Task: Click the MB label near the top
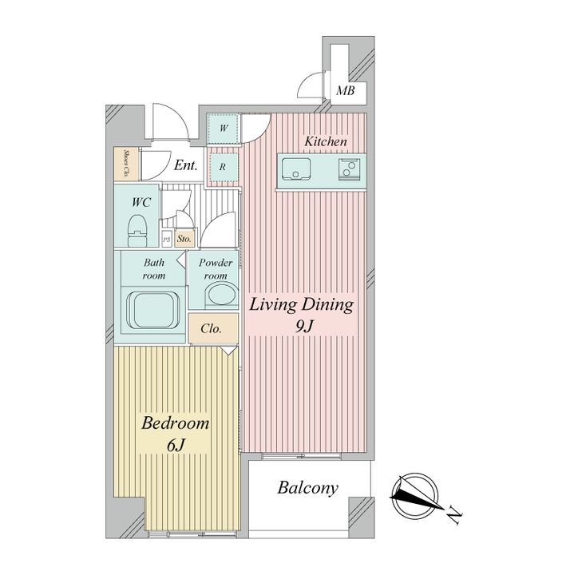tap(346, 90)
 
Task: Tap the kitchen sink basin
tap(296, 169)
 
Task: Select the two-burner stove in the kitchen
tap(350, 170)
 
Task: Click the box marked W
tap(223, 129)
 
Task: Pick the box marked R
tap(223, 167)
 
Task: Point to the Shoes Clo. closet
tap(126, 164)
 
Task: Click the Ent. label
tap(185, 165)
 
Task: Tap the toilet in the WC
tap(137, 230)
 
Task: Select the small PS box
tap(167, 240)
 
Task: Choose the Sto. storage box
tap(184, 239)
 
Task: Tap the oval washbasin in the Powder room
tap(221, 295)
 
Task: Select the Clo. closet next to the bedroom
tap(213, 328)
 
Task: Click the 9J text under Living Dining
tap(303, 326)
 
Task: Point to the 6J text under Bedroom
tap(175, 445)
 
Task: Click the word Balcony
tap(307, 489)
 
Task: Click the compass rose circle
tap(414, 495)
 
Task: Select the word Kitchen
tap(326, 141)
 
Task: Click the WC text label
tap(141, 202)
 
